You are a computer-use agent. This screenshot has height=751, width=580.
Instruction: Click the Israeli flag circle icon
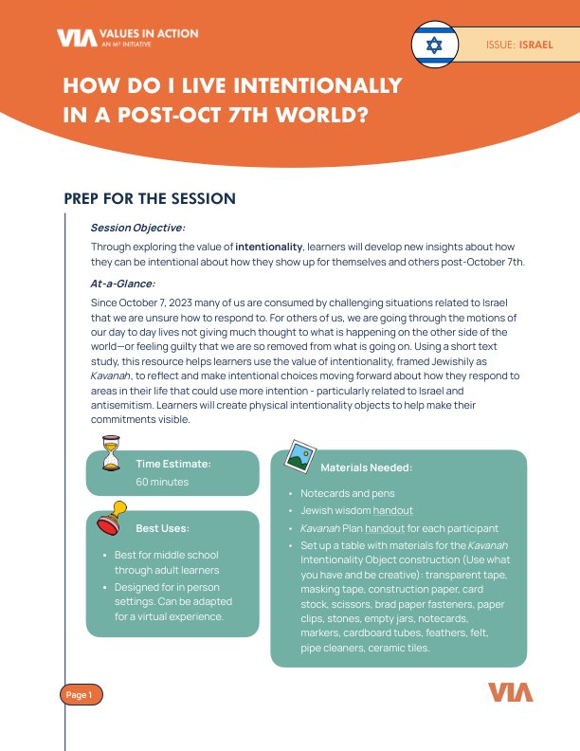click(x=435, y=45)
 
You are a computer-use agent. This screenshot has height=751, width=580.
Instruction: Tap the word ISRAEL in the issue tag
click(x=536, y=45)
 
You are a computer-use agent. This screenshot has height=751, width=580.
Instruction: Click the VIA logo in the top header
click(x=71, y=38)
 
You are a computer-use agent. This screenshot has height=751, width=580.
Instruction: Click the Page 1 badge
click(x=80, y=695)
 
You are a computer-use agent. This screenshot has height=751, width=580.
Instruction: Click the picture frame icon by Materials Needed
click(x=301, y=456)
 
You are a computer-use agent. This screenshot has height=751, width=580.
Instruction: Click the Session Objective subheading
click(x=137, y=229)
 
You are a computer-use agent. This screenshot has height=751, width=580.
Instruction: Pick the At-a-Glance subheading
click(x=122, y=283)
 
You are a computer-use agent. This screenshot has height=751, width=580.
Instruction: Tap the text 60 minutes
click(x=162, y=482)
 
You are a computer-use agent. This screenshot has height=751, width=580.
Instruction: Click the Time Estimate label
click(x=173, y=464)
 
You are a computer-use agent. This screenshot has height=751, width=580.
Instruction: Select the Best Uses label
click(x=162, y=527)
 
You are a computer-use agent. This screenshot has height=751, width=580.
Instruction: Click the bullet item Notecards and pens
click(x=347, y=494)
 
